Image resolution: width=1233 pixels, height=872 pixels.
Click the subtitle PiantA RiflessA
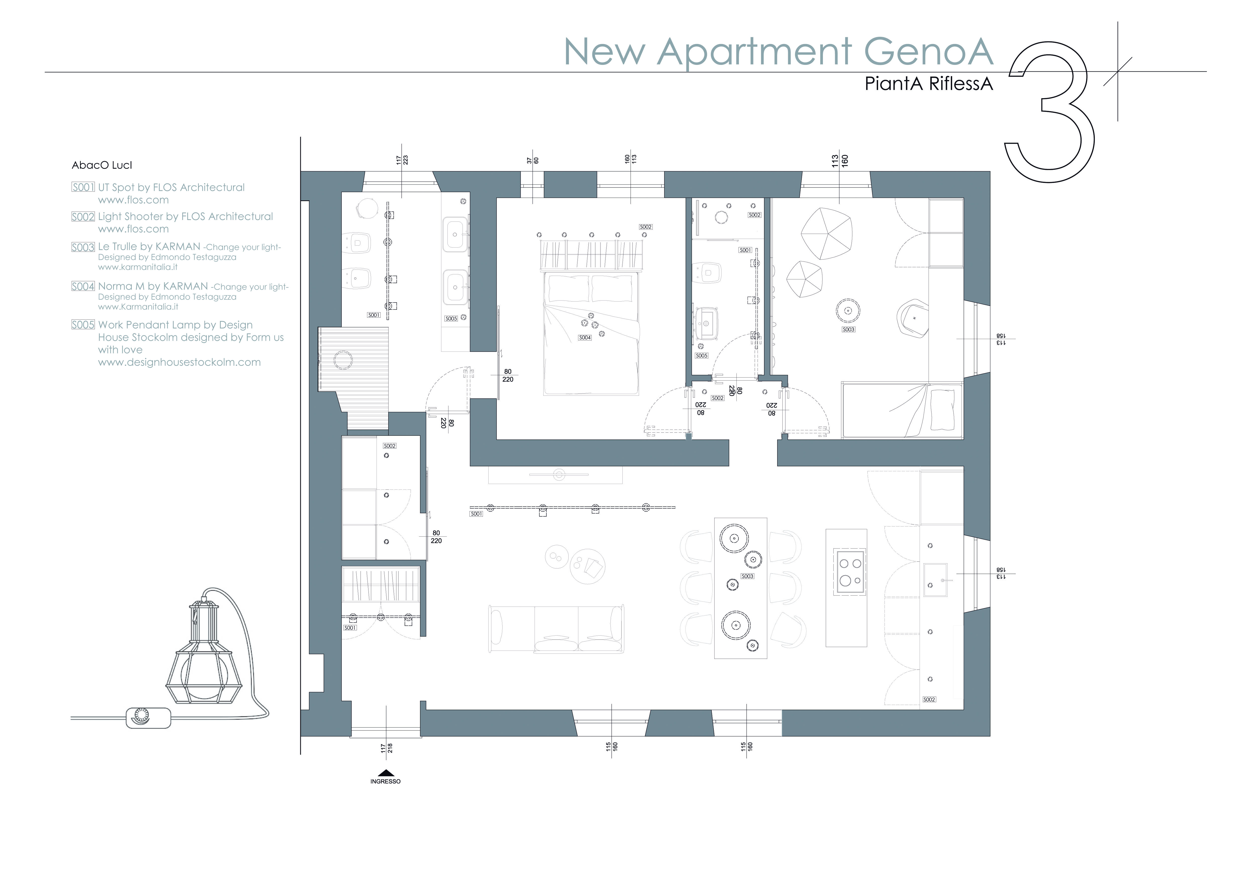[929, 84]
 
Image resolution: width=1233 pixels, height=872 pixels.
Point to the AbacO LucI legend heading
[102, 165]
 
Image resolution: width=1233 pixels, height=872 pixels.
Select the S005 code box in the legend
[83, 325]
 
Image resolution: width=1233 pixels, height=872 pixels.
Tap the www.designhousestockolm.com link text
[179, 362]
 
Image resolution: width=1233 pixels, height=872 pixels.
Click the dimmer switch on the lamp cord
[148, 717]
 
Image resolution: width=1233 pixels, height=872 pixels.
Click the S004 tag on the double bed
[585, 338]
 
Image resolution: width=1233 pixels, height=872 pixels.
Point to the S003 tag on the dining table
[747, 576]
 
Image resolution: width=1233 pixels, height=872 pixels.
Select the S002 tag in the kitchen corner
[929, 700]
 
